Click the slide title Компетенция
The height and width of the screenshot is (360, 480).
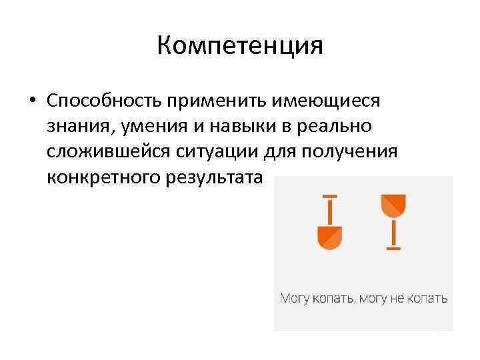pos(240,46)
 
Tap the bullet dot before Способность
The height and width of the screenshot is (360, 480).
pos(31,101)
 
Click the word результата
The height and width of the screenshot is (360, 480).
pos(211,178)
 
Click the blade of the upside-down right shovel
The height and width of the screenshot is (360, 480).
pos(393,204)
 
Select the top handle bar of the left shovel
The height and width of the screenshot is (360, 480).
pos(329,197)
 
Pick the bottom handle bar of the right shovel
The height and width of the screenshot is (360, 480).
pos(393,248)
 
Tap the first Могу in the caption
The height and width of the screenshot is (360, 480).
pos(293,298)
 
